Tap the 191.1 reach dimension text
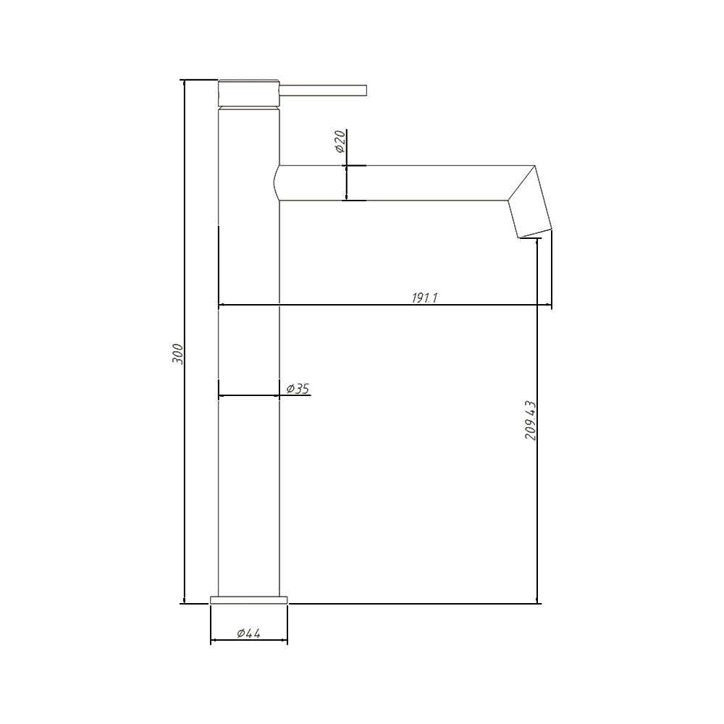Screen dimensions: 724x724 click(425, 298)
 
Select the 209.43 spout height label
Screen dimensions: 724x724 click(529, 421)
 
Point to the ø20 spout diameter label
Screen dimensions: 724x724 click(340, 141)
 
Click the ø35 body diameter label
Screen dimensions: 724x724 click(298, 389)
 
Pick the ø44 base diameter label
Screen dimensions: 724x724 click(248, 633)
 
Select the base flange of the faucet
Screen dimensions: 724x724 click(248, 599)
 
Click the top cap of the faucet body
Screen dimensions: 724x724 click(248, 93)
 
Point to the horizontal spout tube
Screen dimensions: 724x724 click(398, 182)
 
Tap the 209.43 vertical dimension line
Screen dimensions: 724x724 click(537, 507)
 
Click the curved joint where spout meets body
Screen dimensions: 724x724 click(277, 182)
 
